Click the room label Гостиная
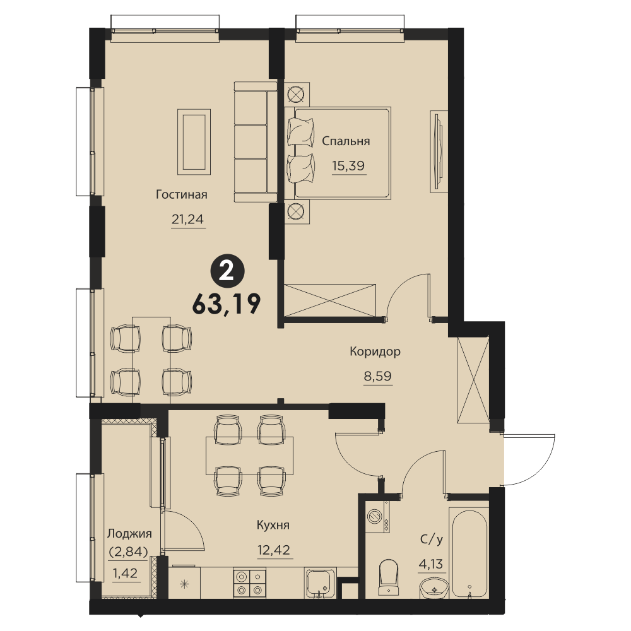click(x=182, y=195)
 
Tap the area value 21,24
click(x=187, y=220)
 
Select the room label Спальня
click(x=346, y=141)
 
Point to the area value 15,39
click(x=348, y=165)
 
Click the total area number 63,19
click(x=227, y=304)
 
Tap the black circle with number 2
click(x=227, y=273)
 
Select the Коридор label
click(x=375, y=351)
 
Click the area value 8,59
click(x=377, y=376)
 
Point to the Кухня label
click(x=273, y=525)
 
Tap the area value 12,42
click(x=274, y=550)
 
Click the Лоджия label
click(x=129, y=534)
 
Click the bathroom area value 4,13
click(x=430, y=564)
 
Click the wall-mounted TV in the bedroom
click(x=439, y=151)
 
